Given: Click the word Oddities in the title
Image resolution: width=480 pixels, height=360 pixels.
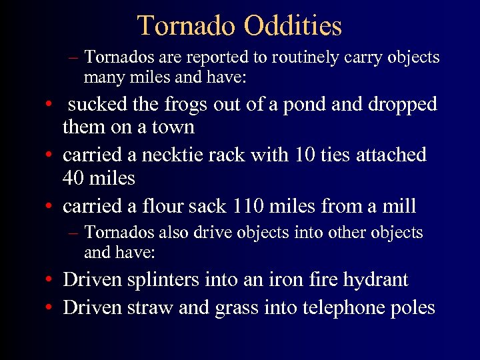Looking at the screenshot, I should click(x=293, y=26).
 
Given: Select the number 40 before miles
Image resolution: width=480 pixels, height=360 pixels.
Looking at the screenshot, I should click(x=75, y=179).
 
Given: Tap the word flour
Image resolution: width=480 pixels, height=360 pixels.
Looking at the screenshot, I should click(x=161, y=206).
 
